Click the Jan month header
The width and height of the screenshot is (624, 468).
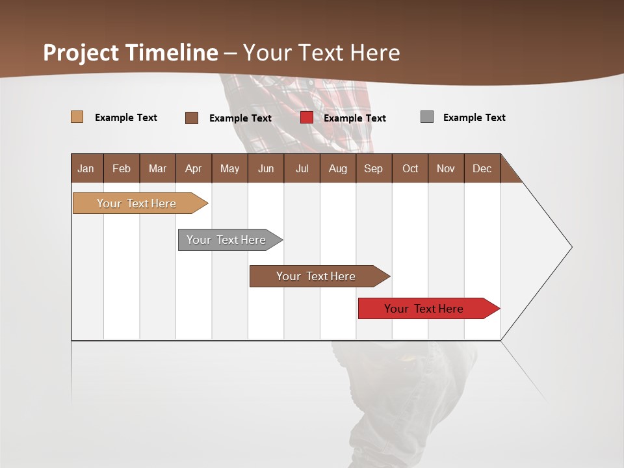point(86,168)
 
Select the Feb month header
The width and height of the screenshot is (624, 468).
point(122,168)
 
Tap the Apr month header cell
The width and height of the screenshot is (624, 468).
point(194,168)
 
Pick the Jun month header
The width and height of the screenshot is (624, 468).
point(266,168)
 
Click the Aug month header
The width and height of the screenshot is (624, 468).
point(338,168)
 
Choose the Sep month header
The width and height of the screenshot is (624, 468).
point(374,168)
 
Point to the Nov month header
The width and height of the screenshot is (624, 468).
point(446,168)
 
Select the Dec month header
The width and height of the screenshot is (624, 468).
point(482,168)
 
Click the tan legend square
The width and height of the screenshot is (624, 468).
point(77,117)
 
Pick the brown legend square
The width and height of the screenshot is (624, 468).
point(192,118)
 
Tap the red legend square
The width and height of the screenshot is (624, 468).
point(307,118)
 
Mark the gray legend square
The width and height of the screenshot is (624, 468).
point(427,117)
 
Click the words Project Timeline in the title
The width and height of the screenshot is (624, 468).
point(131,53)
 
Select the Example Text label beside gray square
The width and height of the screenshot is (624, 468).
point(474,118)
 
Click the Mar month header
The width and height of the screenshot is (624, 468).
point(157,168)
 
